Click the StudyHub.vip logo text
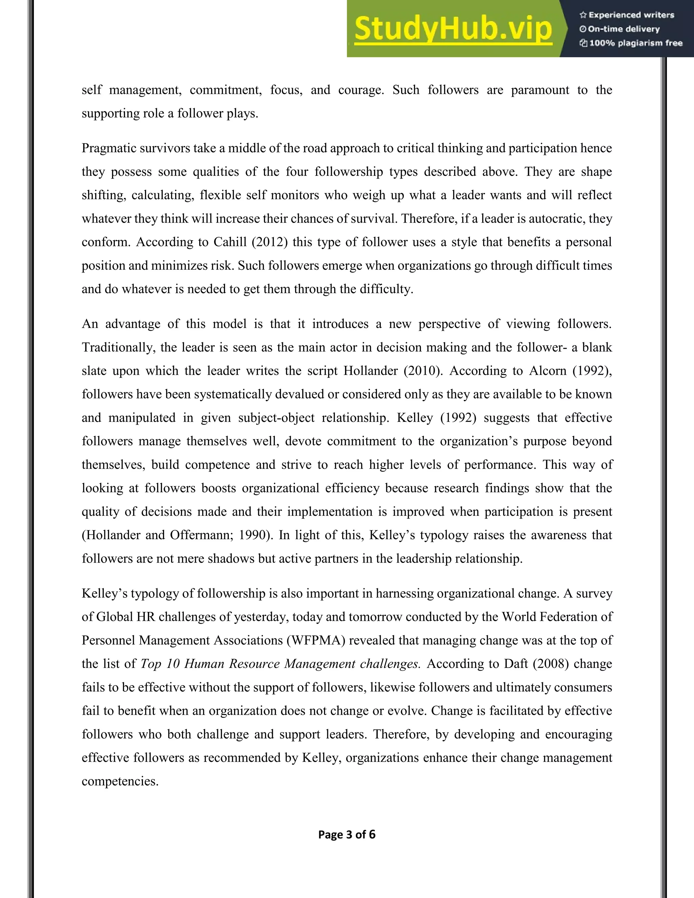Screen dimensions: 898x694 coord(453,29)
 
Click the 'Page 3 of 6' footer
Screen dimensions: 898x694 coord(347,834)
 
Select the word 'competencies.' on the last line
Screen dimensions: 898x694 coord(120,781)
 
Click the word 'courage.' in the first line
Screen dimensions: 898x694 coord(361,90)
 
